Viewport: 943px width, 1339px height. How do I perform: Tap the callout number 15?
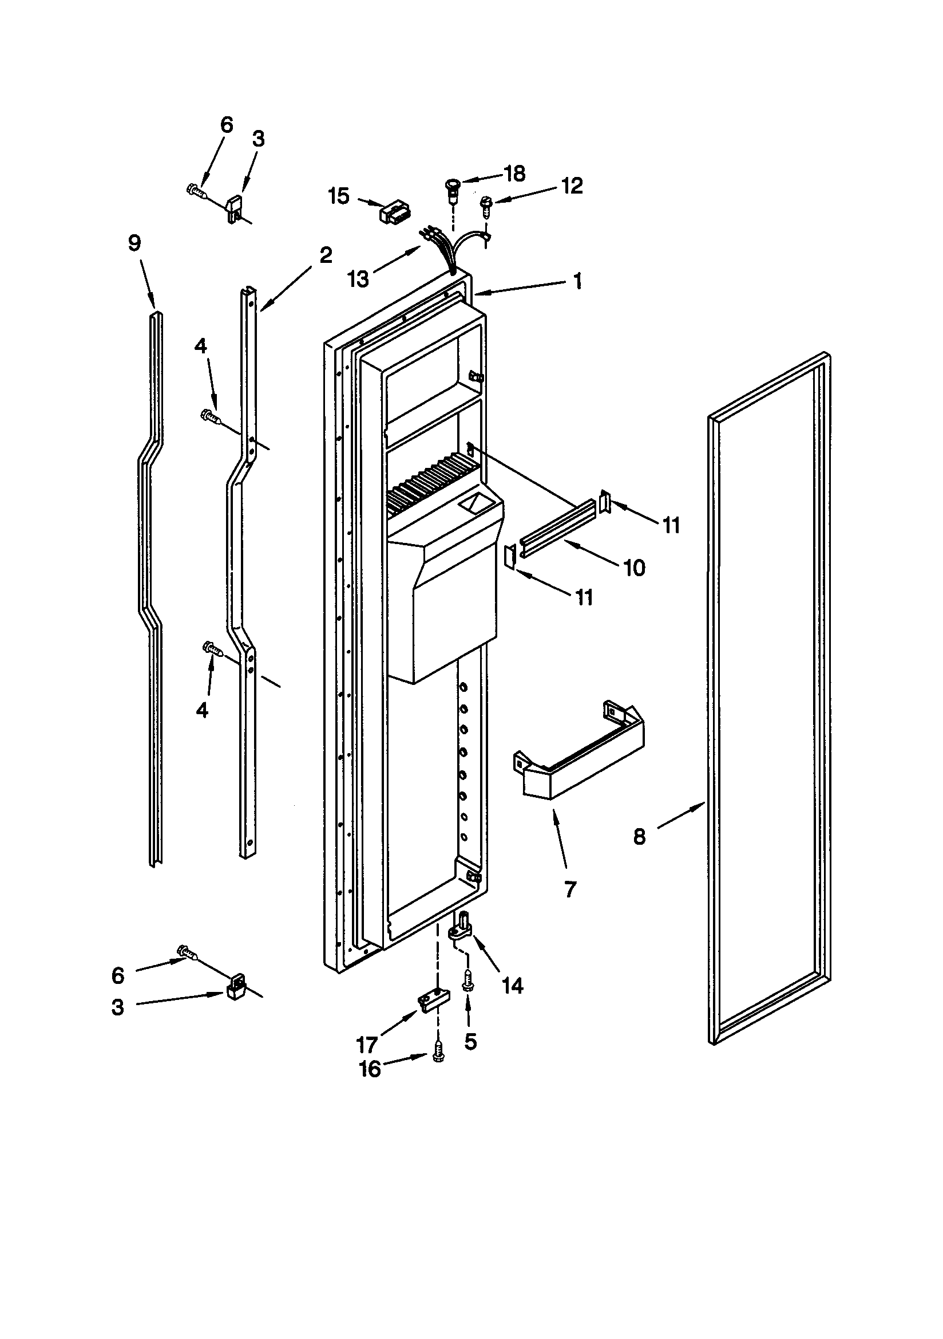click(x=338, y=196)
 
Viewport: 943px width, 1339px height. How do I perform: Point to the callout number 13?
click(x=358, y=279)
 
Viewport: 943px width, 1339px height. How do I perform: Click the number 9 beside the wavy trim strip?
click(x=134, y=243)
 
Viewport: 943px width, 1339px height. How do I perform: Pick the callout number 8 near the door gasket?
click(x=639, y=837)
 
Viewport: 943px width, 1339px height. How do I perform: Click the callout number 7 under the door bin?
click(x=570, y=889)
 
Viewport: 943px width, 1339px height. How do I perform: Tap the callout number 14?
click(x=513, y=986)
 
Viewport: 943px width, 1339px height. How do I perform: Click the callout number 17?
click(x=367, y=1044)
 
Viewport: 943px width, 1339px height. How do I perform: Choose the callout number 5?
click(x=470, y=1041)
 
